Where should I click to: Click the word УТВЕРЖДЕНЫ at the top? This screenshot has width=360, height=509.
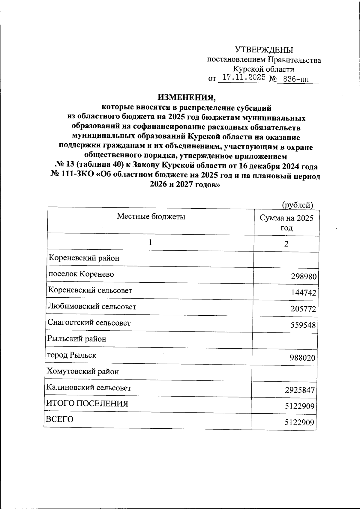click(x=264, y=49)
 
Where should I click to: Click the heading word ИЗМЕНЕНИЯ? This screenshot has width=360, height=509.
click(x=187, y=97)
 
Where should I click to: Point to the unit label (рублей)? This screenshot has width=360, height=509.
click(x=298, y=205)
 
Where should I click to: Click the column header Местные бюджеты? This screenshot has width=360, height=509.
click(x=151, y=216)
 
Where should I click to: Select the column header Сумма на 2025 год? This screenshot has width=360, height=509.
click(x=286, y=222)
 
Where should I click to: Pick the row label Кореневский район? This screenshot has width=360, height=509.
click(x=84, y=258)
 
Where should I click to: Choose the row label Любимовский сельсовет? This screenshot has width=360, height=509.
click(x=92, y=307)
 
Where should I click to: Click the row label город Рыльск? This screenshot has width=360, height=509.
click(x=71, y=355)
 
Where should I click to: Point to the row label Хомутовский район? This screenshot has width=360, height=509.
click(x=82, y=372)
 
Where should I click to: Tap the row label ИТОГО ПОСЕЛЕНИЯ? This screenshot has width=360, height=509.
click(x=87, y=404)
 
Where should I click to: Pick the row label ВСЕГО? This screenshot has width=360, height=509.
click(x=59, y=419)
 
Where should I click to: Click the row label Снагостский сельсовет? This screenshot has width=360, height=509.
click(x=89, y=323)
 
